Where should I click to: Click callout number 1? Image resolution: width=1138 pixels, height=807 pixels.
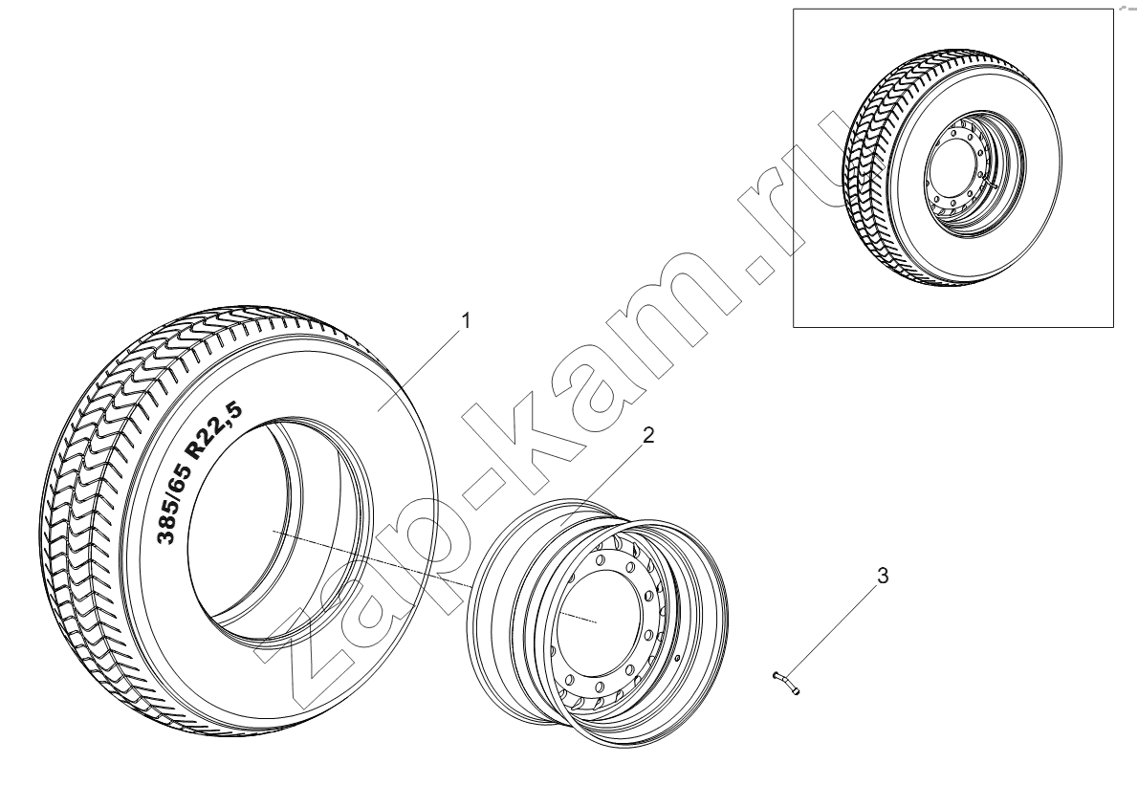pos(467,320)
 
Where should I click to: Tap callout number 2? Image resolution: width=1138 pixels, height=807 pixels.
pos(648,435)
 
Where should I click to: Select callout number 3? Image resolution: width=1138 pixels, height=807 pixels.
pos(883,556)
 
